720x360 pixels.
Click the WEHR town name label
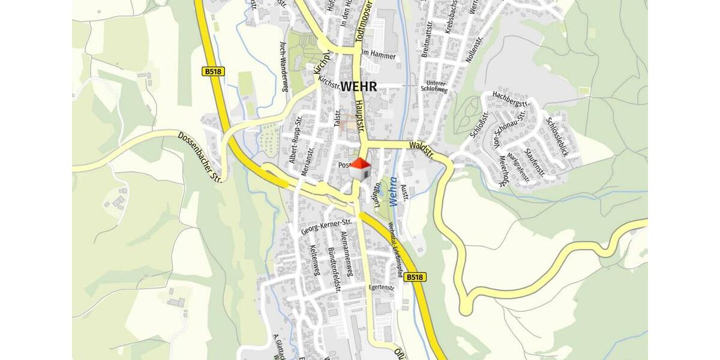(359, 86)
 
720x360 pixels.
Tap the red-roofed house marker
(360, 169)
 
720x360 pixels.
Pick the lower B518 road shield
(415, 277)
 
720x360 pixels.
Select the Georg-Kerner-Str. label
(326, 226)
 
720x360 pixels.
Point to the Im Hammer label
(379, 55)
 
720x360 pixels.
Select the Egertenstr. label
(382, 287)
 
